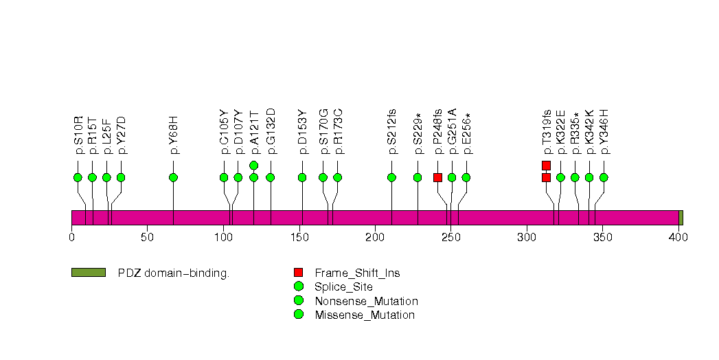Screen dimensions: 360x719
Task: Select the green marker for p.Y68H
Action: coord(173,177)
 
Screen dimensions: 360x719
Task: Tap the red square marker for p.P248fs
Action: coord(437,177)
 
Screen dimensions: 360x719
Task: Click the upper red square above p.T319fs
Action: coord(546,165)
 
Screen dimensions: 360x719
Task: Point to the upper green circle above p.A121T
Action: coord(253,165)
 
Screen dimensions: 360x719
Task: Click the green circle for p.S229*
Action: coord(418,177)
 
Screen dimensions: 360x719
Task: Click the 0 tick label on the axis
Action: coord(71,238)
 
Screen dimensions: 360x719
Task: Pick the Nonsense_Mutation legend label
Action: coord(366,301)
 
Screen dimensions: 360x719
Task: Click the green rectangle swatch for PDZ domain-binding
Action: coord(88,273)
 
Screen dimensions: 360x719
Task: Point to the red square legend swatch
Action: coord(298,273)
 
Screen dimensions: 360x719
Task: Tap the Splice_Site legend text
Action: coord(343,287)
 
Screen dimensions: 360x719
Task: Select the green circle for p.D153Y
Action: coord(302,177)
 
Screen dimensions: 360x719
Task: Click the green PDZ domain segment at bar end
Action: coord(681,218)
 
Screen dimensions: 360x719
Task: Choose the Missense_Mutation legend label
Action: coord(365,315)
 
